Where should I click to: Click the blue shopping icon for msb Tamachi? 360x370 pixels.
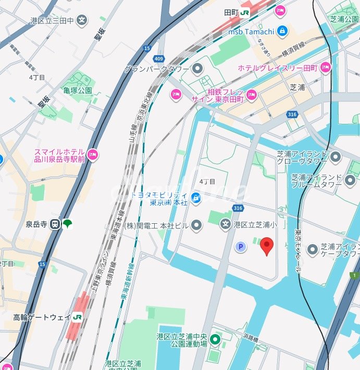(282, 31)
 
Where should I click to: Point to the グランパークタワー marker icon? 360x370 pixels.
(197, 68)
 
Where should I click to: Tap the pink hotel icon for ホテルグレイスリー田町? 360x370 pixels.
(326, 68)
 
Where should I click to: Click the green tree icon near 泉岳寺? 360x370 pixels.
(67, 224)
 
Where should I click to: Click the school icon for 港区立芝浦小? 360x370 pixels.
(225, 225)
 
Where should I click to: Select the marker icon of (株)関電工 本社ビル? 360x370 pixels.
(196, 225)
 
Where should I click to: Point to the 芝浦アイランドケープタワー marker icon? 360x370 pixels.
(313, 250)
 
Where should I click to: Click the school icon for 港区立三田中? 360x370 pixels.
(82, 20)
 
